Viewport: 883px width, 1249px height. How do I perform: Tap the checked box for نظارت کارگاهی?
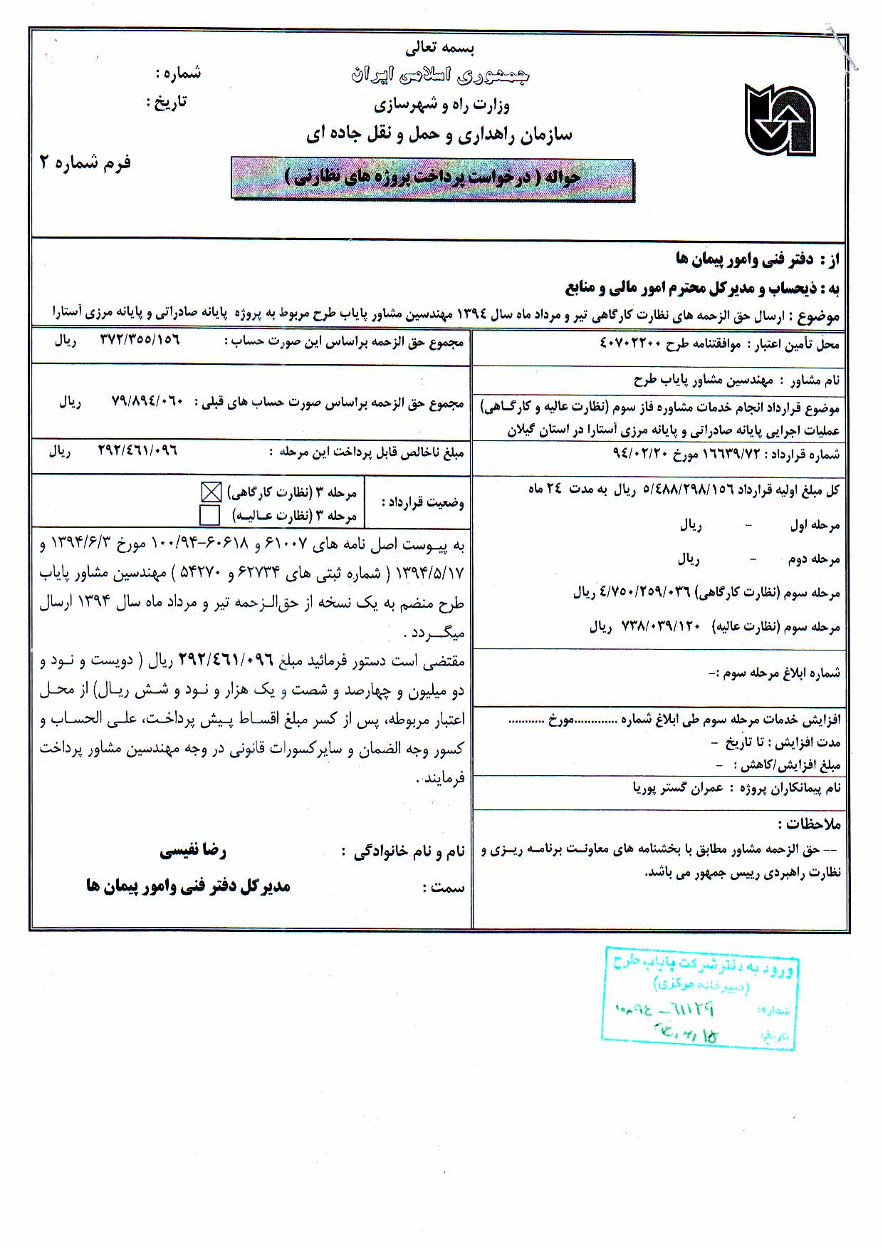pyautogui.click(x=211, y=492)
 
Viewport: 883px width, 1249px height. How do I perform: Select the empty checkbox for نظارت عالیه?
pyautogui.click(x=210, y=515)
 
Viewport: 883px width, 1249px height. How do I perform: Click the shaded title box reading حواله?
pyautogui.click(x=432, y=178)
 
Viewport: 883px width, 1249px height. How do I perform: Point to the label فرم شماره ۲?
pyautogui.click(x=85, y=163)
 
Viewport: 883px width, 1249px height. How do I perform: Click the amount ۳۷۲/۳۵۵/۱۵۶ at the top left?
pyautogui.click(x=140, y=341)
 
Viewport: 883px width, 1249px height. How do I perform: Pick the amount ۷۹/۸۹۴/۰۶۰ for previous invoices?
pyautogui.click(x=147, y=403)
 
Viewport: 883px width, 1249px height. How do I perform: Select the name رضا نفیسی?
pyautogui.click(x=193, y=851)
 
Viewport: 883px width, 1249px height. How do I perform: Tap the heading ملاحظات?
pyautogui.click(x=810, y=824)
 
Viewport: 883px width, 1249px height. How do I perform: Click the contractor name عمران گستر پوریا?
pyautogui.click(x=678, y=788)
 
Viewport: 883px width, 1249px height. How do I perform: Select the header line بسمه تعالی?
pyautogui.click(x=440, y=48)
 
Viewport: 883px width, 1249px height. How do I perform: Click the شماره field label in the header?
pyautogui.click(x=178, y=73)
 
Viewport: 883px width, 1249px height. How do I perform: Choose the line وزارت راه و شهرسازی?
pyautogui.click(x=441, y=105)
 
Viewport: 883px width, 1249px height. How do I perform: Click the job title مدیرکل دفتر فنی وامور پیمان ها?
pyautogui.click(x=188, y=886)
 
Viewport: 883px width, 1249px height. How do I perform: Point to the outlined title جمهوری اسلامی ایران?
pyautogui.click(x=440, y=76)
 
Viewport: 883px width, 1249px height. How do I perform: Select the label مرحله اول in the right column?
pyautogui.click(x=815, y=526)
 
